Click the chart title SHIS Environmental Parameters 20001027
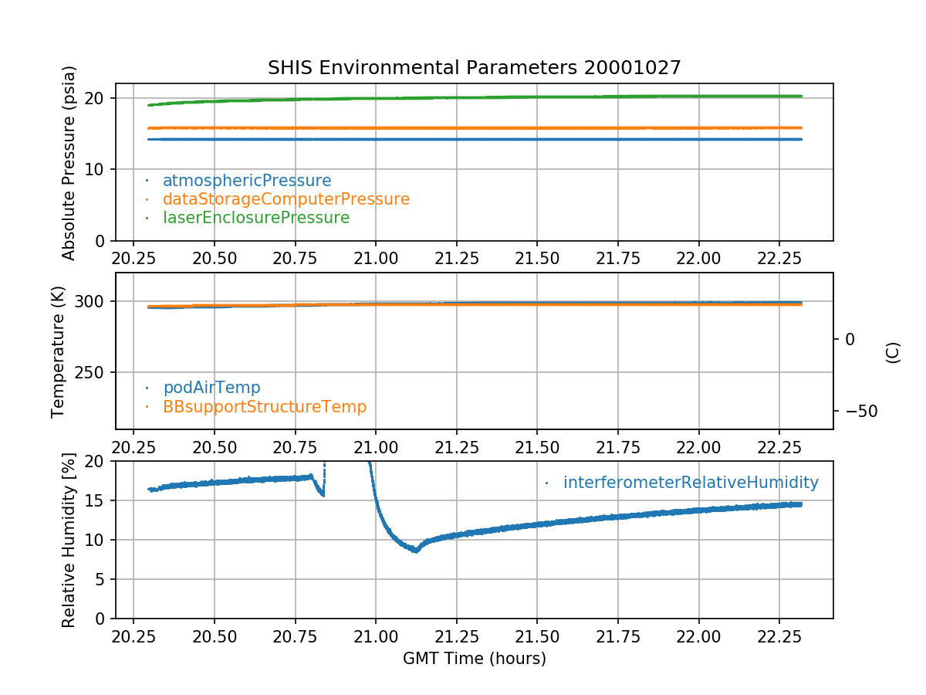(474, 68)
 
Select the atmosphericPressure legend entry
(246, 181)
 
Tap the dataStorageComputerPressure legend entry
(286, 199)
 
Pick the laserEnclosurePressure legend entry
(255, 218)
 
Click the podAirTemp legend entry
(211, 388)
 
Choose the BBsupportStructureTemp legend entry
(264, 406)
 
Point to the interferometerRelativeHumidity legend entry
(690, 483)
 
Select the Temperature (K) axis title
(59, 351)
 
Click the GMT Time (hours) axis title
(474, 659)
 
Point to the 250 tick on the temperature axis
(91, 373)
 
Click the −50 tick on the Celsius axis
(859, 411)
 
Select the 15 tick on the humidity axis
(97, 501)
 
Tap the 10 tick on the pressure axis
(97, 170)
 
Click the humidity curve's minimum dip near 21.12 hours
(415, 551)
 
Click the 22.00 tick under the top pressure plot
(698, 256)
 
